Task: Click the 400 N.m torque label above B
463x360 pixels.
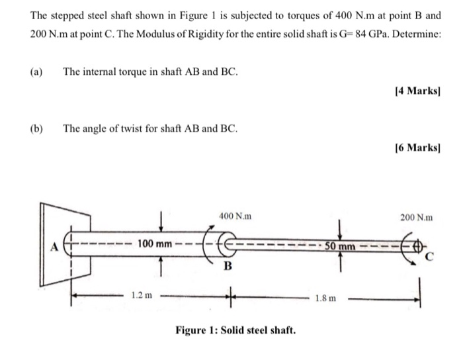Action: [x=234, y=216]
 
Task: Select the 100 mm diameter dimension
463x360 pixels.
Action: [x=155, y=244]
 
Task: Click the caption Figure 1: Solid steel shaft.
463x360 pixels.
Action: [x=235, y=330]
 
